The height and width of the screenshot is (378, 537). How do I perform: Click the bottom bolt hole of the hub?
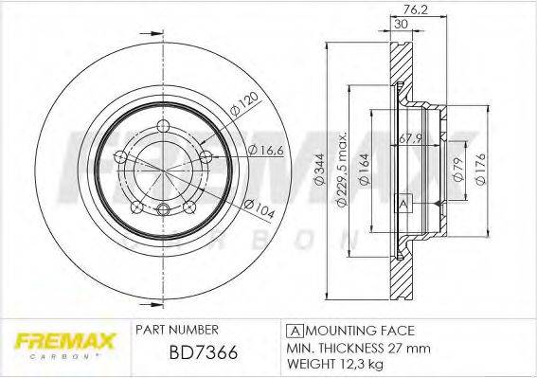(x=163, y=210)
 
